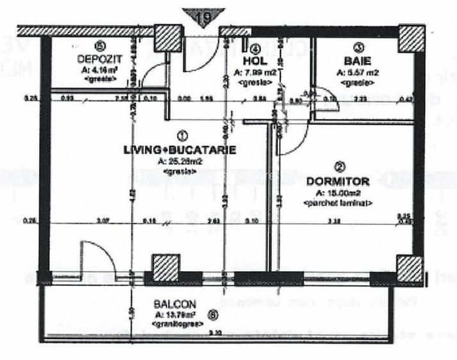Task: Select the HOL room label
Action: pos(253,61)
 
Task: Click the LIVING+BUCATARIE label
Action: pos(180,150)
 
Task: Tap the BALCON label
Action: pos(174,304)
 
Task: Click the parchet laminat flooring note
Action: pos(339,202)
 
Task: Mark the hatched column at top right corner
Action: pos(412,40)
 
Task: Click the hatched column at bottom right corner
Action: pos(410,269)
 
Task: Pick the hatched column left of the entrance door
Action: pos(168,40)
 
